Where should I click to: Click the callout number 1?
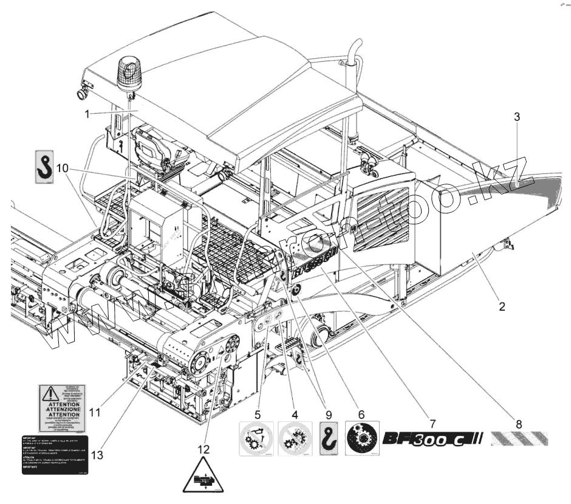[x=87, y=113]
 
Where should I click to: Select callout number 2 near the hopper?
[x=502, y=306]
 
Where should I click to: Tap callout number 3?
[x=517, y=118]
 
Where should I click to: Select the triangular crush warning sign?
[x=203, y=477]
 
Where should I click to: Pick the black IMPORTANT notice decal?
[x=56, y=455]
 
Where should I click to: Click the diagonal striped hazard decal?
[x=519, y=438]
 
